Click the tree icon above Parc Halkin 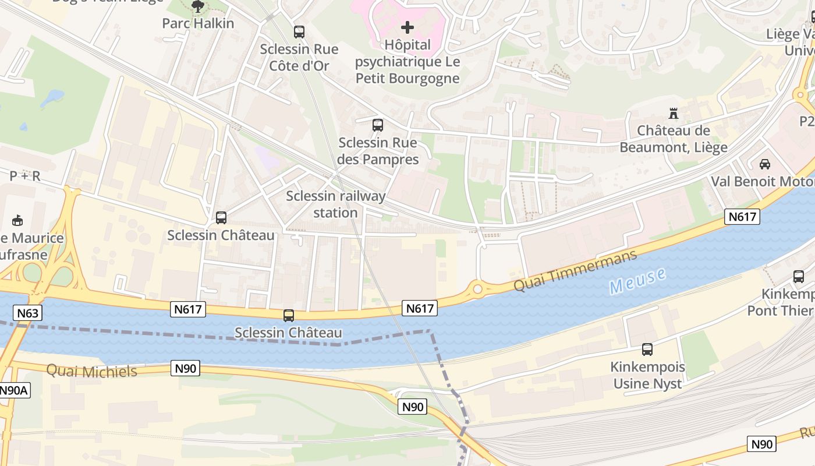(x=198, y=6)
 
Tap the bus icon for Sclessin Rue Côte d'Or (x=299, y=32)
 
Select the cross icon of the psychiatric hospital (x=408, y=27)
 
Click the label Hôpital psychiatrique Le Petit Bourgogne (x=408, y=61)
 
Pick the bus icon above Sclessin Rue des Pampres (x=378, y=125)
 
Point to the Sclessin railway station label (x=335, y=204)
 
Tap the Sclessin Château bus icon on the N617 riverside (x=289, y=316)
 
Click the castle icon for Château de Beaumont (x=674, y=113)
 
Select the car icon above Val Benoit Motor (x=765, y=164)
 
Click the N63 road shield (x=27, y=313)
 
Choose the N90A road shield (x=13, y=390)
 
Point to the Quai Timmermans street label (x=575, y=271)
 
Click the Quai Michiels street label (x=91, y=371)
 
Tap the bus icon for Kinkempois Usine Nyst (x=647, y=349)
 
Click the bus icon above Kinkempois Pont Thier (x=799, y=277)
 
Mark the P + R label (x=24, y=176)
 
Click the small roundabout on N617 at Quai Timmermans (x=478, y=288)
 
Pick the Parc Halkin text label (x=198, y=23)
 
